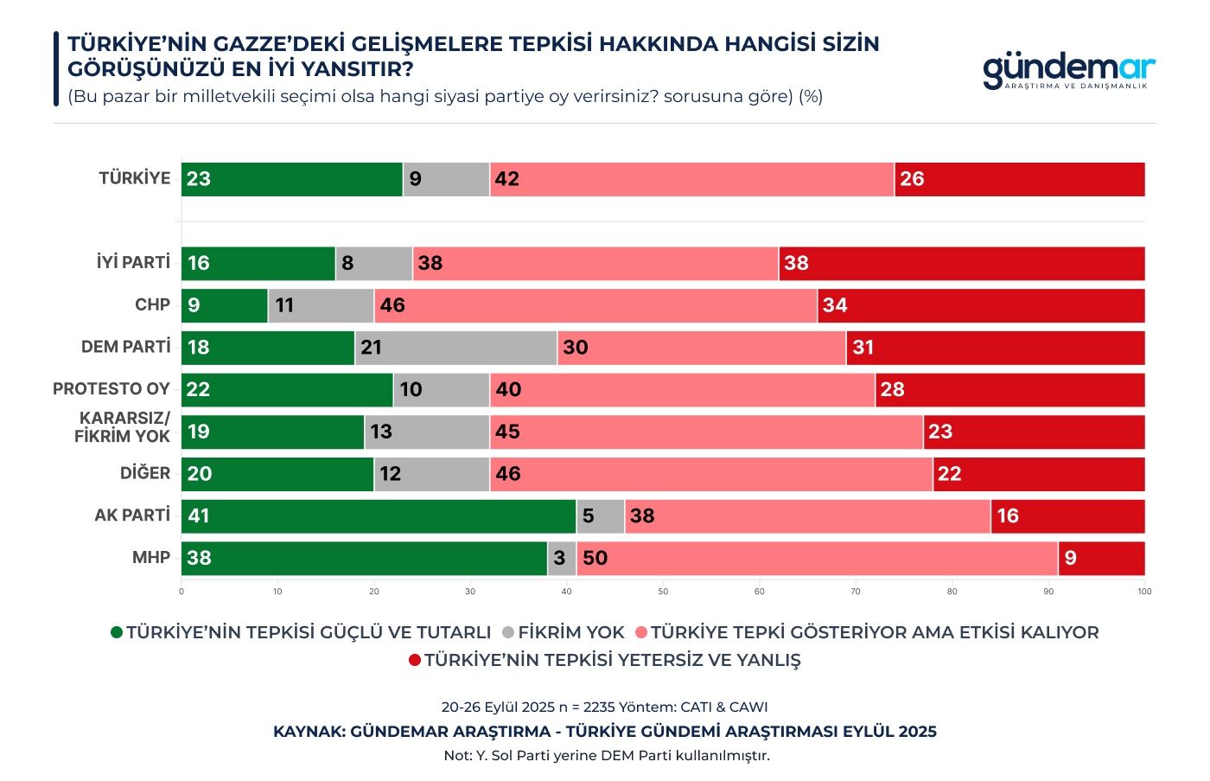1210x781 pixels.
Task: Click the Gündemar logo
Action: click(x=1068, y=71)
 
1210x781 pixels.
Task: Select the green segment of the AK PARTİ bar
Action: click(x=378, y=516)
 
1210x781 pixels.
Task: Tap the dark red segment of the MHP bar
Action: click(x=1101, y=558)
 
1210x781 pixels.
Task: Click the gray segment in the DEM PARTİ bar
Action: click(x=455, y=348)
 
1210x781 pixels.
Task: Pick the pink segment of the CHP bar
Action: click(x=595, y=305)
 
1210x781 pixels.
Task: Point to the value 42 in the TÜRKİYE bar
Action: click(x=506, y=179)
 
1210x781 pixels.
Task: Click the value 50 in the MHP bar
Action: click(x=595, y=558)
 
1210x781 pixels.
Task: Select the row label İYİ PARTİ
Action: click(x=133, y=262)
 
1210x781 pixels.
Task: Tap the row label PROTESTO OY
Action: click(x=111, y=388)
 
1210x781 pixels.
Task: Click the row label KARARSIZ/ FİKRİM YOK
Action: click(x=123, y=427)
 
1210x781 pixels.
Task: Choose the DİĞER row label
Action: click(x=145, y=473)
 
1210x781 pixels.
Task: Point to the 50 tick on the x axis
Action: click(x=663, y=592)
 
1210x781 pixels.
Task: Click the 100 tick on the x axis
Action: click(x=1144, y=592)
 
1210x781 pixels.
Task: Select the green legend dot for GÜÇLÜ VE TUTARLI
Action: click(x=117, y=632)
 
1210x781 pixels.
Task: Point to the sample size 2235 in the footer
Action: click(x=601, y=707)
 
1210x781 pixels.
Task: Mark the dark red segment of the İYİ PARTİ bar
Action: click(x=961, y=264)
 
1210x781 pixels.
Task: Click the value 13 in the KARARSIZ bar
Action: click(x=381, y=432)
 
